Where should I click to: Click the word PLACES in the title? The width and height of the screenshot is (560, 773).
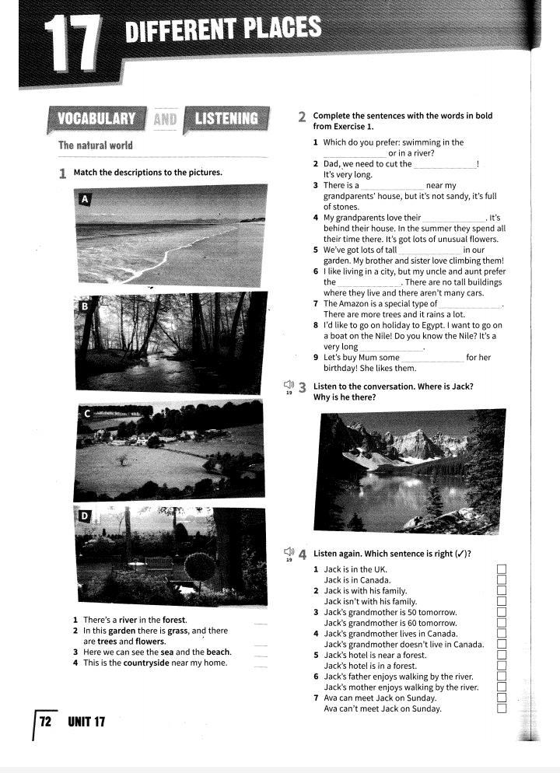(281, 29)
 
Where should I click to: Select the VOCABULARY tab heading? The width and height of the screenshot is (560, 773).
(96, 119)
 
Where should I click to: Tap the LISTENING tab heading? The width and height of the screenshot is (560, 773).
(226, 119)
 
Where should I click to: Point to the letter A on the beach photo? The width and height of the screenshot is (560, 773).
(86, 200)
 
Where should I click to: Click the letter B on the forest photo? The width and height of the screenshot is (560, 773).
(85, 306)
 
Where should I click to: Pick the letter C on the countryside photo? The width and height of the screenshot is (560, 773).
(86, 414)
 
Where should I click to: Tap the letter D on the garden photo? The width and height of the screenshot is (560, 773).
(85, 516)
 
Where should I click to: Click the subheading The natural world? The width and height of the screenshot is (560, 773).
(95, 145)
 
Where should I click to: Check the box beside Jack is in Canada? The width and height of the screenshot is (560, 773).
(502, 580)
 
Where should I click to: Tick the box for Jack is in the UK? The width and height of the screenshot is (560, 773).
(502, 569)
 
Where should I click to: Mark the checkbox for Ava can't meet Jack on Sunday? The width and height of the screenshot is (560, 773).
(502, 708)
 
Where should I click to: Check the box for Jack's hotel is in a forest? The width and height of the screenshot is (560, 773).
(502, 666)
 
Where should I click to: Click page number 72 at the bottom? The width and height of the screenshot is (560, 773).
(45, 722)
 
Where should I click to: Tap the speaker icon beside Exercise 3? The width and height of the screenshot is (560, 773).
(288, 385)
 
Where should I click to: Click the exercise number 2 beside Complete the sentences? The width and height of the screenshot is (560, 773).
(301, 117)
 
